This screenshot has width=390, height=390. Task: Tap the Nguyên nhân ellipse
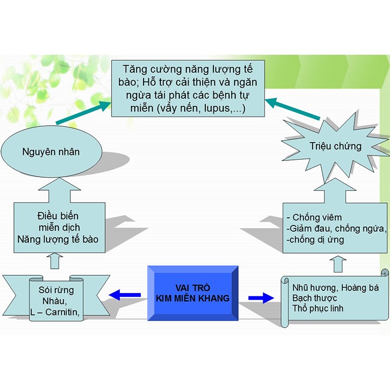50,152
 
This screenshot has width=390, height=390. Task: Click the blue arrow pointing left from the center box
125,295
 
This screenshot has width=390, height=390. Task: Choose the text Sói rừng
56,290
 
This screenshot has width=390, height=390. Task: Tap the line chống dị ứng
316,239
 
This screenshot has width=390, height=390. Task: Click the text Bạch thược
314,298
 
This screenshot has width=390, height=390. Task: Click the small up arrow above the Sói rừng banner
53,262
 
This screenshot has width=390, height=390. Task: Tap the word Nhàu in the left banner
56,301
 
